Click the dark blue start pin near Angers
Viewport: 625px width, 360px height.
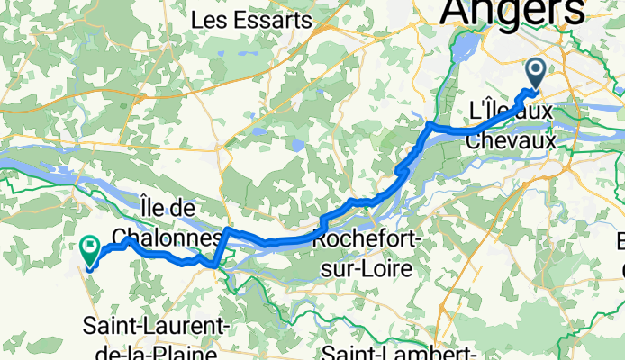tap(535, 71)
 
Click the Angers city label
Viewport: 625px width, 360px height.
tap(512, 12)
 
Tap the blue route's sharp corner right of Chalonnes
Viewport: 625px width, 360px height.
tap(229, 231)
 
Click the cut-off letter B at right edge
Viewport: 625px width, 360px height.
tap(620, 241)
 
